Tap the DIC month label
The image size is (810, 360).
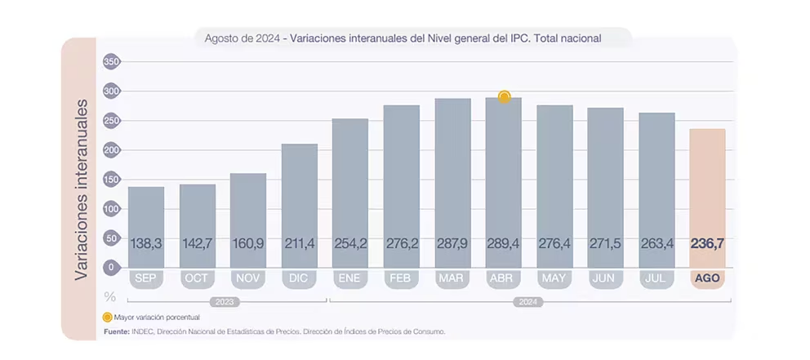click(299, 278)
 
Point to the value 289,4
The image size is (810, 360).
click(503, 243)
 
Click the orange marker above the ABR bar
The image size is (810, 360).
click(504, 97)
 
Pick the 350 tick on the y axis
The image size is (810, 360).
click(112, 62)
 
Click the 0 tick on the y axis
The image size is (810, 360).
click(112, 267)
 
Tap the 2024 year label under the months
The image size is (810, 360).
click(529, 302)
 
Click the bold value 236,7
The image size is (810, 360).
click(707, 243)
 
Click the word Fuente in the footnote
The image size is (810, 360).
click(117, 331)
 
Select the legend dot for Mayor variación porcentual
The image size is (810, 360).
click(107, 316)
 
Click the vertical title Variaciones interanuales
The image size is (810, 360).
click(82, 189)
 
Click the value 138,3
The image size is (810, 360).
click(146, 243)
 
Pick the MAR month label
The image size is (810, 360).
click(452, 278)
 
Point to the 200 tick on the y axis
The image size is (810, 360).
click(112, 150)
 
